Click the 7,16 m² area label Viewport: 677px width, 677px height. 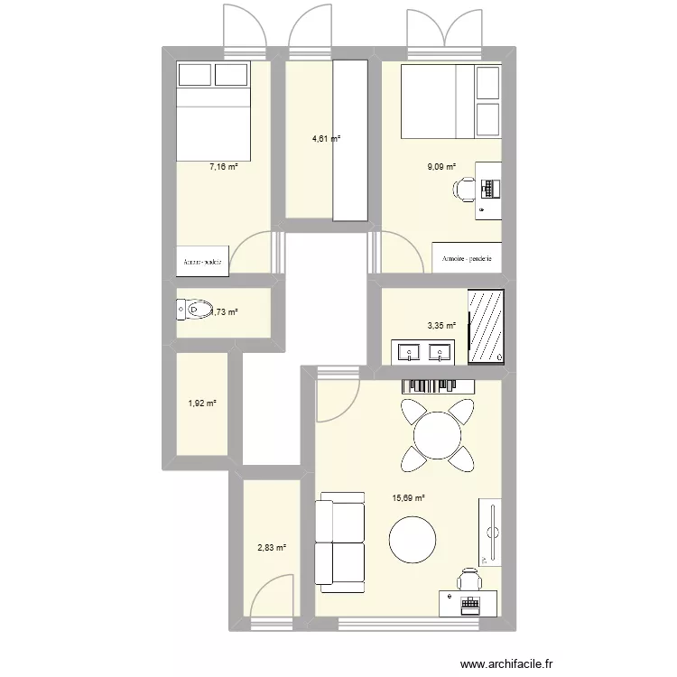223,167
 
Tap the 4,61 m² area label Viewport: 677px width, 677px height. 326,138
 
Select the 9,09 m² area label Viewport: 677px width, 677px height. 441,167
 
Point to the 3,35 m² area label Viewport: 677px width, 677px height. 441,327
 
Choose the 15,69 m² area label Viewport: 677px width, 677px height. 408,497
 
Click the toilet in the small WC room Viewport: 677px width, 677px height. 192,311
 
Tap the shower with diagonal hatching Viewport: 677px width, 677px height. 487,327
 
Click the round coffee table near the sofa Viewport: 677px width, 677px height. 413,540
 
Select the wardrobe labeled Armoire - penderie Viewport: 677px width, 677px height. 466,257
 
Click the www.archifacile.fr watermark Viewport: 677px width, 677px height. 506,663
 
